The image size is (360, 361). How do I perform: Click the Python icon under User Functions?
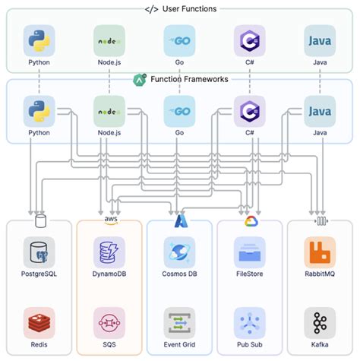click(39, 40)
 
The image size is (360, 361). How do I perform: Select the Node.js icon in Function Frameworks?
click(109, 111)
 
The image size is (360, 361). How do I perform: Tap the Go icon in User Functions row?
click(179, 40)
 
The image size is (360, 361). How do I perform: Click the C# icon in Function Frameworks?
click(249, 111)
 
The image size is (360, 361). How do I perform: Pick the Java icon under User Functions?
click(320, 40)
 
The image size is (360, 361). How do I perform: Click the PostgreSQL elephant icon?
click(39, 252)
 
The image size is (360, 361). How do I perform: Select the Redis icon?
click(39, 322)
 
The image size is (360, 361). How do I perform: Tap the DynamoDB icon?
click(109, 252)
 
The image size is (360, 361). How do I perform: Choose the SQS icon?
click(109, 322)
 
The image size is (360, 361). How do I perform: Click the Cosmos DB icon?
click(179, 252)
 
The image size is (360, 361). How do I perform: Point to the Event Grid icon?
click(179, 322)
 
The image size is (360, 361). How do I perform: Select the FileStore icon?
click(249, 252)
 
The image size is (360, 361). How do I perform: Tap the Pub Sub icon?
click(249, 322)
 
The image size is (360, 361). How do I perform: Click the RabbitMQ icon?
click(320, 252)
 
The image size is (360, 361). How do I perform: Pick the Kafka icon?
click(320, 322)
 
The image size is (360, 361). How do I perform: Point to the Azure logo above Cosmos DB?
click(180, 221)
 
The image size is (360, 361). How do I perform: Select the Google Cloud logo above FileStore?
click(250, 221)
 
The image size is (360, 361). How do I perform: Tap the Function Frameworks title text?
click(190, 78)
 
